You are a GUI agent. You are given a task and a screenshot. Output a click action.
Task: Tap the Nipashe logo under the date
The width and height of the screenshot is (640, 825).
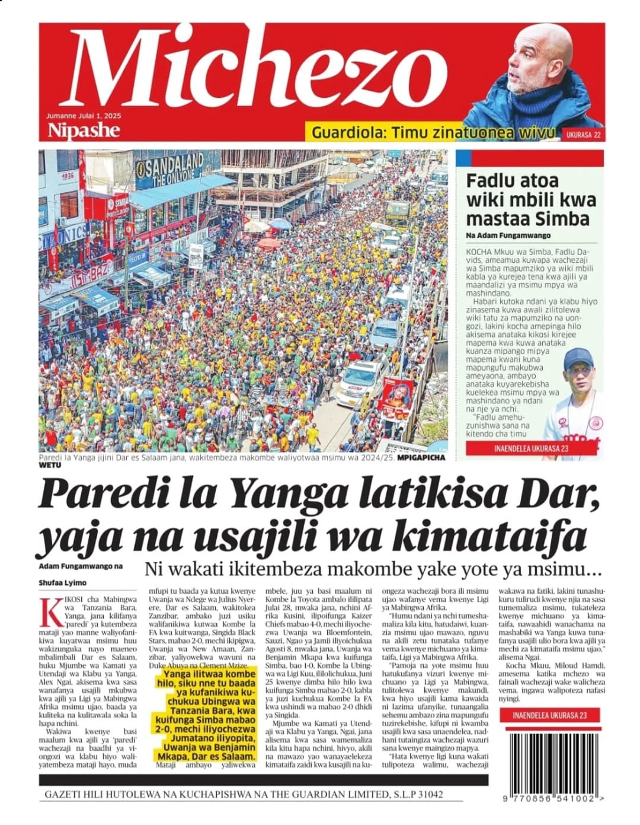(x=83, y=130)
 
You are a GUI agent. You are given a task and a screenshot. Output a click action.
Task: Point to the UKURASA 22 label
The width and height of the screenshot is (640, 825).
(x=583, y=135)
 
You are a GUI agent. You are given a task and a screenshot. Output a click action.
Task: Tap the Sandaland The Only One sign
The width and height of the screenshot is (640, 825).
(x=169, y=169)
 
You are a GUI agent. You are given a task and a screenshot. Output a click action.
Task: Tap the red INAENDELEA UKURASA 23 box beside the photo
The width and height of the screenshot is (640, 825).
(x=530, y=448)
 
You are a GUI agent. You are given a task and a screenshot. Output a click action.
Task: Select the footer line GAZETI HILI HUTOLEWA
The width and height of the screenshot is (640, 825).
(x=243, y=795)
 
